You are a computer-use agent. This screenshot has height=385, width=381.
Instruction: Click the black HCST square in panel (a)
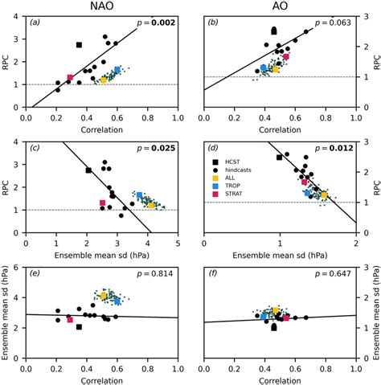click(x=79, y=45)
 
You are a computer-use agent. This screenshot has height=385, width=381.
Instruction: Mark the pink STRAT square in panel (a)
click(x=70, y=78)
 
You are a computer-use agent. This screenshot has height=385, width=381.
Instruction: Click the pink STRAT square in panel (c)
click(x=102, y=203)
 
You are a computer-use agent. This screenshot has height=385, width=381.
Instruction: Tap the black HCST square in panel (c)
click(x=88, y=170)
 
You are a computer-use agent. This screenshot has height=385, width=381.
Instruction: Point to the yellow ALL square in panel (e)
click(x=104, y=297)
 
